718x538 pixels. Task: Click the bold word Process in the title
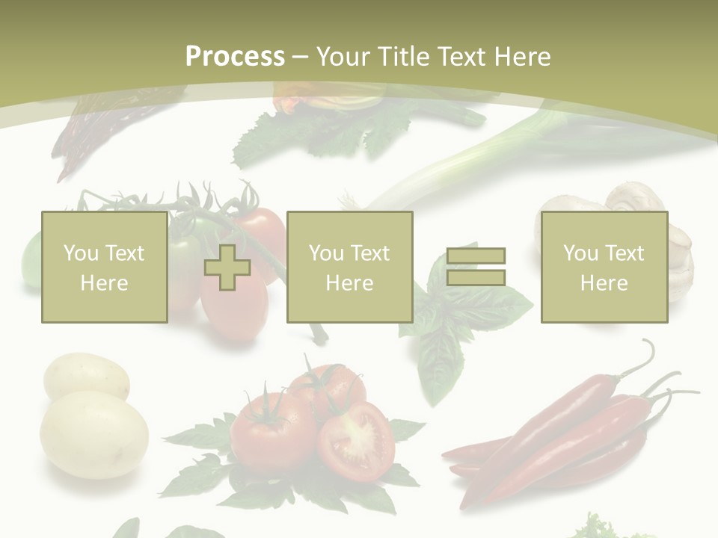[x=235, y=57]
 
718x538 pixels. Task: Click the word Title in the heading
[x=402, y=57]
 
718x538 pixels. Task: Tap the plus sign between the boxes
[x=227, y=267]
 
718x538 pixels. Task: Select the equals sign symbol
[x=476, y=267]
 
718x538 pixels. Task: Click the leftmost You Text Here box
[x=104, y=267]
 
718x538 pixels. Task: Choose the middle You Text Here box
[x=349, y=267]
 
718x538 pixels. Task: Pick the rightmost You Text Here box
[x=604, y=267]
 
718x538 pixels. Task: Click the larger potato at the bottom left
[x=93, y=434]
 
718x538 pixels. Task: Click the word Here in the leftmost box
[x=104, y=283]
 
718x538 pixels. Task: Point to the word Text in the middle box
[x=370, y=253]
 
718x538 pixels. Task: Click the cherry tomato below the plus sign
[x=233, y=310]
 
